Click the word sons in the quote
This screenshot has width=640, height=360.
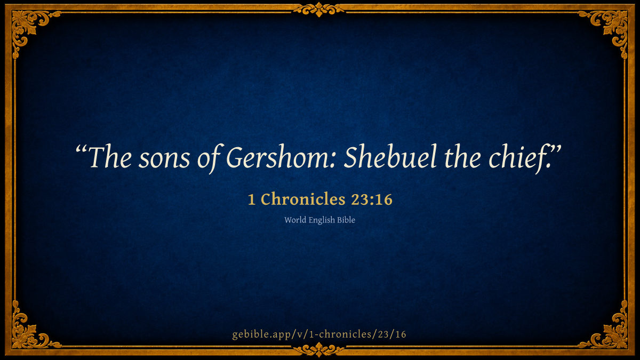[164, 159]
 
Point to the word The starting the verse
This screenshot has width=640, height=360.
[110, 157]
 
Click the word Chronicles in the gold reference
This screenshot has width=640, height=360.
[303, 199]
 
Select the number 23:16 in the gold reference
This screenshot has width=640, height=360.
[372, 199]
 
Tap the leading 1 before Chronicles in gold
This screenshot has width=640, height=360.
[251, 199]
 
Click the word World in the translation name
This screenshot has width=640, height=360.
[295, 220]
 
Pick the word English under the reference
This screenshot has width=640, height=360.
[322, 220]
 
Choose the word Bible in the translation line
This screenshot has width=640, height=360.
[346, 220]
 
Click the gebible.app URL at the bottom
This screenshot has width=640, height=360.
[319, 334]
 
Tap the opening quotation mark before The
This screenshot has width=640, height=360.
[81, 150]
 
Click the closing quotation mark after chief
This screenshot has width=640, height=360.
[556, 150]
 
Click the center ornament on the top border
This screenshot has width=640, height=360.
[319, 10]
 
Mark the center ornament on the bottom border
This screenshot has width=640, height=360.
[319, 350]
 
